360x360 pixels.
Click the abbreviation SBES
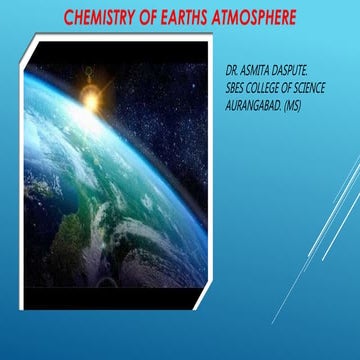(x=239, y=86)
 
